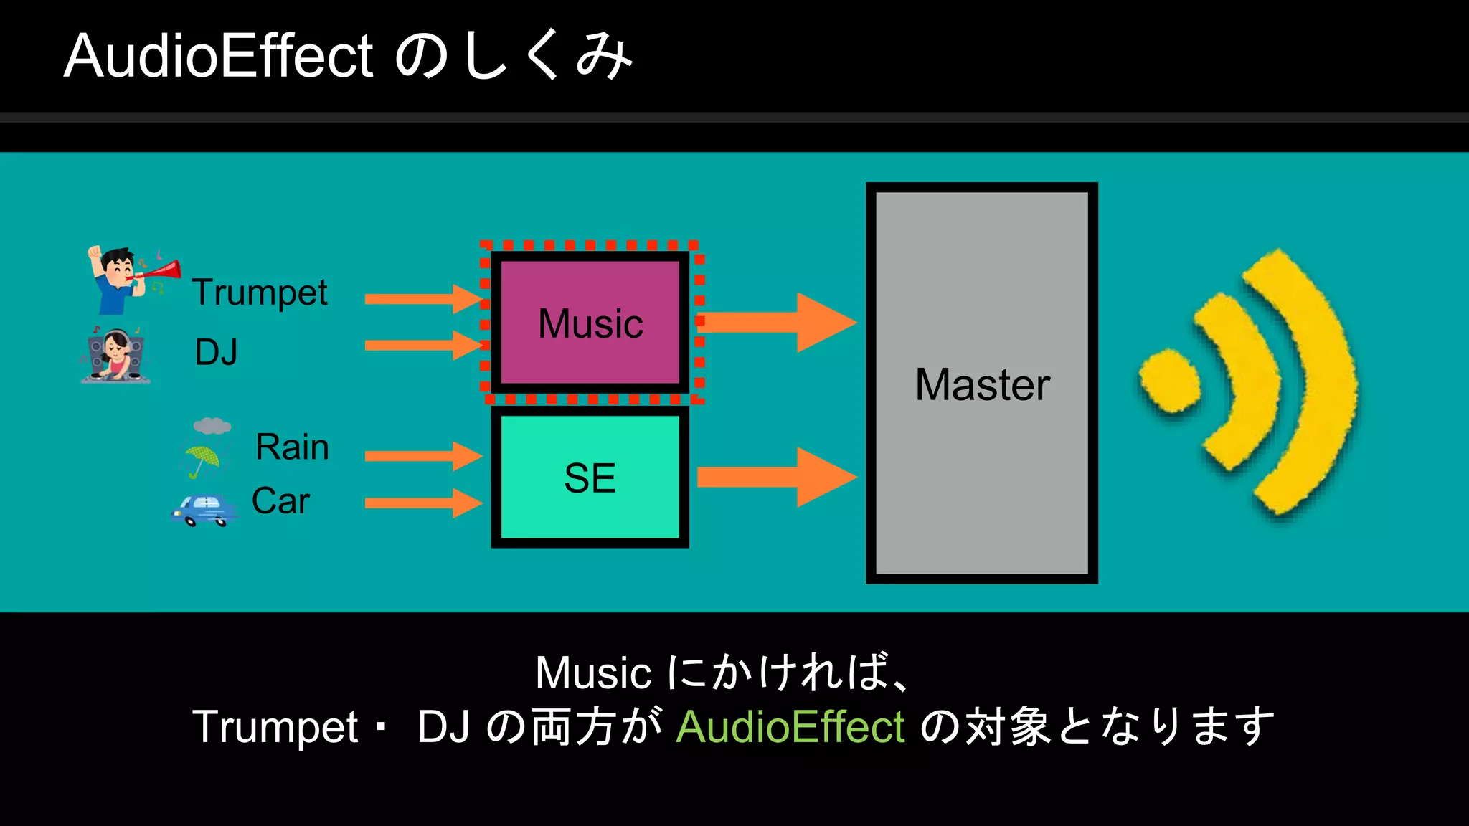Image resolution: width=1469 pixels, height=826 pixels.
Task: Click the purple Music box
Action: (590, 323)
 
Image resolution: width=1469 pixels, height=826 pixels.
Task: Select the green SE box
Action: (590, 477)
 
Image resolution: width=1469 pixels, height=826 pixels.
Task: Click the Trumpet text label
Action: (260, 293)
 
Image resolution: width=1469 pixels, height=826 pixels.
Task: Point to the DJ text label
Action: (216, 353)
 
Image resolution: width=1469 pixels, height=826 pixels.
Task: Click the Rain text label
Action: (292, 447)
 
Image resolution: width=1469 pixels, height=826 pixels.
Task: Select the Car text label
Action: (280, 501)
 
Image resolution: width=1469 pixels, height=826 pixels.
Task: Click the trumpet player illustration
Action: (129, 280)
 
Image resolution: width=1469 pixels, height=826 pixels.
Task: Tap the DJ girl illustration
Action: (115, 356)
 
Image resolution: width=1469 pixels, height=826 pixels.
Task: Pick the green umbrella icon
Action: (202, 460)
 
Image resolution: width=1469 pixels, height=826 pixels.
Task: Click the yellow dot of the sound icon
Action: (1170, 381)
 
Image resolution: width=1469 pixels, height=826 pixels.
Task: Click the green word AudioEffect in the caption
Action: (790, 727)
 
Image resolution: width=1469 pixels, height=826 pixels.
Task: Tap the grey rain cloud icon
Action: (212, 426)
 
